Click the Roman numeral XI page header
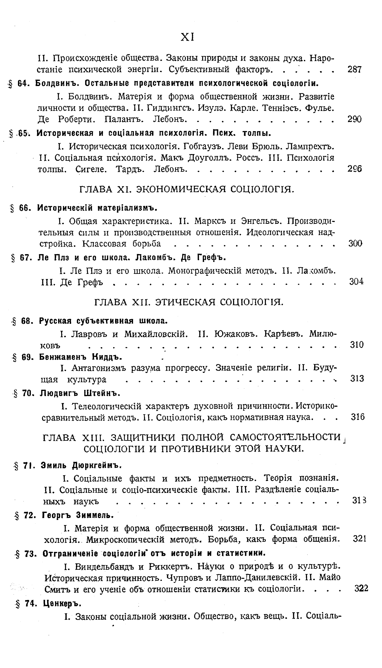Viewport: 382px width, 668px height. point(188,37)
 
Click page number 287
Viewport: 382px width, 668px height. point(354,69)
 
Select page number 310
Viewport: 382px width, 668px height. point(357,344)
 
